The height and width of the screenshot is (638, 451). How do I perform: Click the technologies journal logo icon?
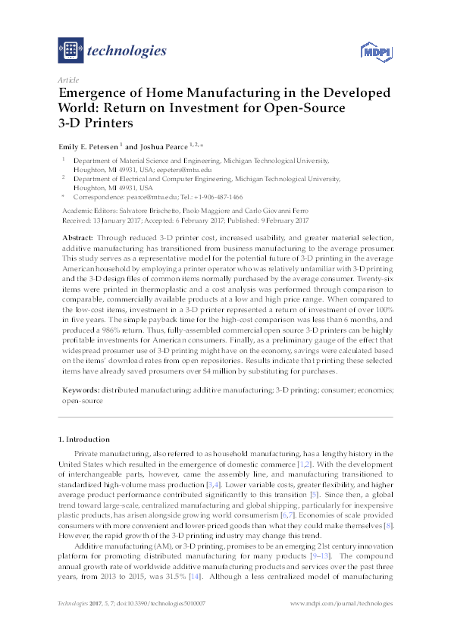point(70,51)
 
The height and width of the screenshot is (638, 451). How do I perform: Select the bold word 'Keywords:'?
point(80,389)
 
